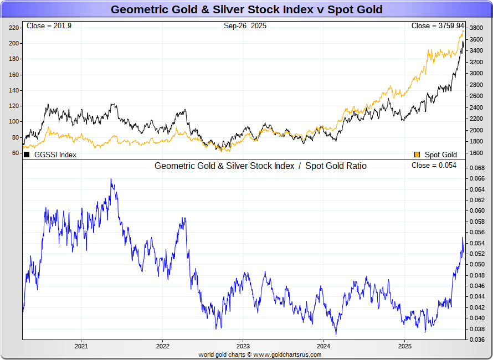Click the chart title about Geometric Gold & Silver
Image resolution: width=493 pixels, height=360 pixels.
click(x=246, y=9)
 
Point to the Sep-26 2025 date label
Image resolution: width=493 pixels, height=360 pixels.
click(x=245, y=26)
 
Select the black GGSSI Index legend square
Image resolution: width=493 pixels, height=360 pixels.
click(x=27, y=155)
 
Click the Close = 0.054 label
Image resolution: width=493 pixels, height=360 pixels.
click(x=434, y=166)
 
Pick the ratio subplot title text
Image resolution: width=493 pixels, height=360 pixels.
click(x=260, y=166)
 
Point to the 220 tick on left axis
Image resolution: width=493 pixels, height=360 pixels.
click(x=13, y=28)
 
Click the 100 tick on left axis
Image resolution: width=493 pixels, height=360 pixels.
click(x=13, y=122)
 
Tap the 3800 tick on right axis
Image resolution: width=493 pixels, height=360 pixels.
click(x=476, y=28)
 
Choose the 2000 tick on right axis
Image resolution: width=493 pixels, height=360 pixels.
click(x=476, y=130)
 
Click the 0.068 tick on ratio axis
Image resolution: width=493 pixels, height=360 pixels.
click(x=476, y=168)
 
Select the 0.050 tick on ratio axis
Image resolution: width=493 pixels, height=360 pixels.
click(x=476, y=264)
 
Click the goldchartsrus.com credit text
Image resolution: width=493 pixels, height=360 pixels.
click(x=260, y=354)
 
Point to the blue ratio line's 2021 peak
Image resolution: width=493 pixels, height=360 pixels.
click(x=111, y=179)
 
